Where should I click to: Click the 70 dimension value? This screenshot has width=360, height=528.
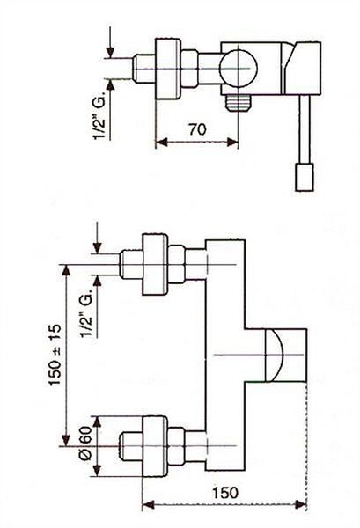(x=197, y=129)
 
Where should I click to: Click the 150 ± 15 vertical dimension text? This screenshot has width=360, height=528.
(x=55, y=355)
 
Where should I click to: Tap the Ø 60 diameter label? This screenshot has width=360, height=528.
(x=84, y=444)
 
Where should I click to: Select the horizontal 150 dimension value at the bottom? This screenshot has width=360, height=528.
(x=225, y=493)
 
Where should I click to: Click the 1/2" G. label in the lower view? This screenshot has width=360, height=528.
(x=86, y=312)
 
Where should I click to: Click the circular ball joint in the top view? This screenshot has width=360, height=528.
(x=238, y=69)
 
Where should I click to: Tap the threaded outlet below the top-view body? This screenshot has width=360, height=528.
(x=239, y=103)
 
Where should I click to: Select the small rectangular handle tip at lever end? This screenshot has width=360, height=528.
(x=305, y=177)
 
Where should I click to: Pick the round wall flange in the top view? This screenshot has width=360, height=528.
(x=167, y=69)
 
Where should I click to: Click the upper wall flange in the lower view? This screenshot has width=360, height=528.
(x=155, y=264)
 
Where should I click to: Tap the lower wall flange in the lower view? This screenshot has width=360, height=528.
(x=155, y=446)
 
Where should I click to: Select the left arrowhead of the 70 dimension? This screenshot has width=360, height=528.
(x=162, y=142)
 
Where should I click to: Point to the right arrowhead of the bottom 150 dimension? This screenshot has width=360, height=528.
(x=300, y=504)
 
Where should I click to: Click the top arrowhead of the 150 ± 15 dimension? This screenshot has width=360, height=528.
(x=66, y=270)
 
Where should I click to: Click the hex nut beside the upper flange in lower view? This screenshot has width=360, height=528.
(x=176, y=265)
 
